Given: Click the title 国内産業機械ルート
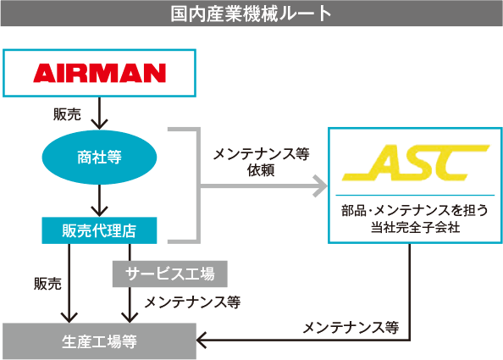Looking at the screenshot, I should (251, 14).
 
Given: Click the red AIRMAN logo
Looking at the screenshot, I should (99, 73).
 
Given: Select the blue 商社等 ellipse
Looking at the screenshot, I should (100, 158).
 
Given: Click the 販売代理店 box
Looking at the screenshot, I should (100, 229).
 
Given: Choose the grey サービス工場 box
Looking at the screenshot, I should (170, 273).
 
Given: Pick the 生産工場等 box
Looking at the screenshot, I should (99, 341).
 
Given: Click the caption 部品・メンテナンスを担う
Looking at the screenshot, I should (414, 210).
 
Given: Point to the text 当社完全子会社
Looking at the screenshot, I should (414, 228).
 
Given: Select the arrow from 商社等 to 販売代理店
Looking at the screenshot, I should (101, 202).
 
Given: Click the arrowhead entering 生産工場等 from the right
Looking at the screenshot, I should (202, 341).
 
